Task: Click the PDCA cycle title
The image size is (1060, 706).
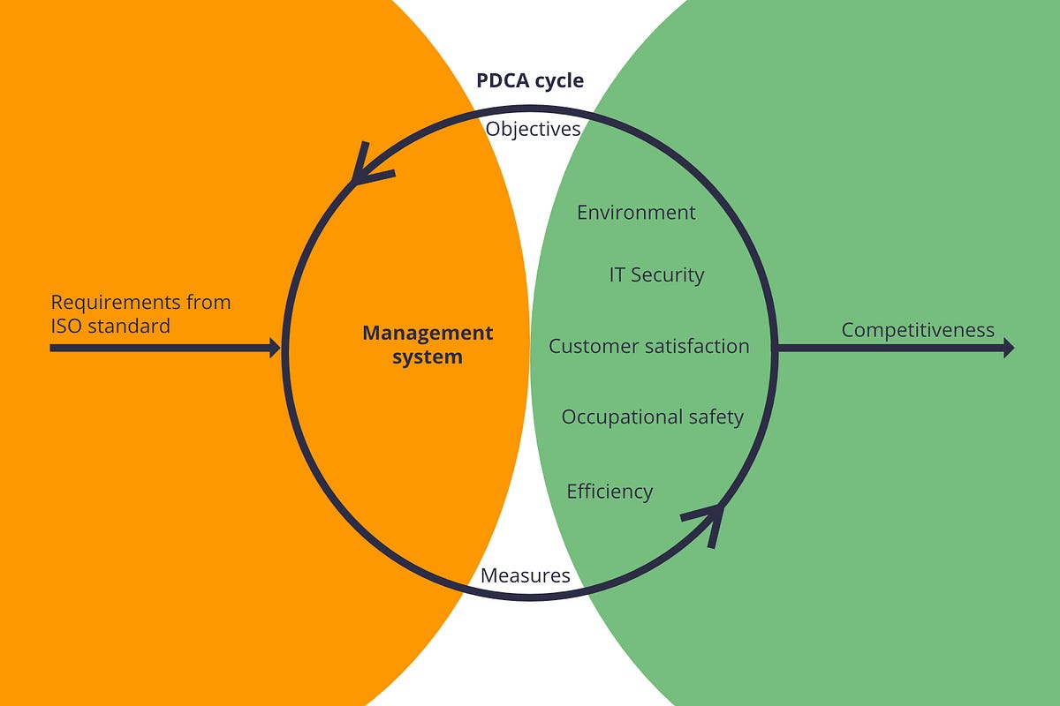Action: [x=530, y=80]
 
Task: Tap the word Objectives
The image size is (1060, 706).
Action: [x=533, y=129]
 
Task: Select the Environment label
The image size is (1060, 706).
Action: [x=636, y=213]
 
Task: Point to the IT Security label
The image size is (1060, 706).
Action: [x=656, y=274]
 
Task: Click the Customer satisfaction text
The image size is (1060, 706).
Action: [x=648, y=346]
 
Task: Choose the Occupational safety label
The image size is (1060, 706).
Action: [x=652, y=417]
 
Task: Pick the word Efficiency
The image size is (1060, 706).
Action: [x=609, y=492]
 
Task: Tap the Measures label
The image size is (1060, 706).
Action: [x=525, y=575]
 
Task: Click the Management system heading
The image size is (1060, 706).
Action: [x=428, y=345]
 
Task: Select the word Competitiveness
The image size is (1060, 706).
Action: [x=917, y=330]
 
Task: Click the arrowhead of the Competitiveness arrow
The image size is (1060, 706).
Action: [x=1007, y=348]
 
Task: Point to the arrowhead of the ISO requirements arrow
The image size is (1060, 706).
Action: [x=273, y=348]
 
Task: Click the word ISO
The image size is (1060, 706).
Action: [x=68, y=326]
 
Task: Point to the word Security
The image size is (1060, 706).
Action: [x=669, y=274]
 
